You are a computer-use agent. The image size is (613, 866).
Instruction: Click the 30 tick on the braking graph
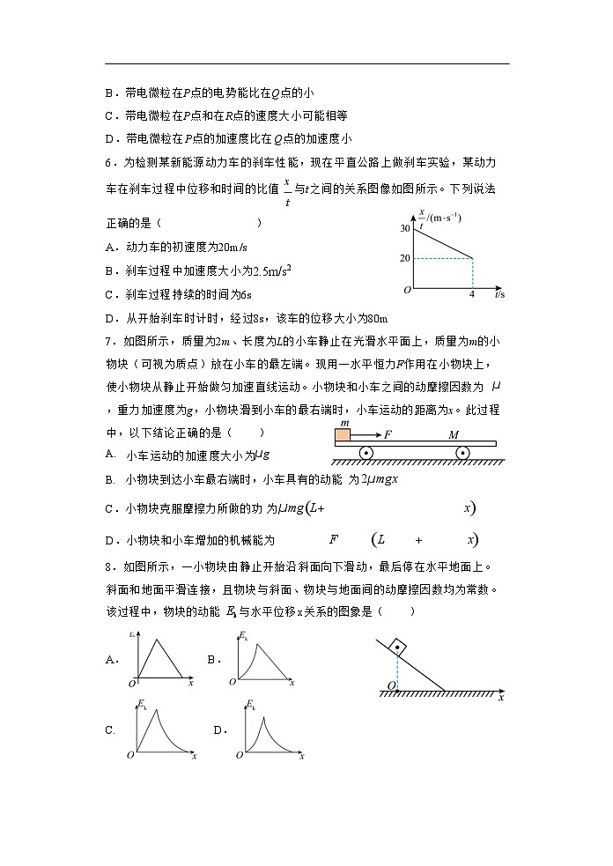pyautogui.click(x=406, y=228)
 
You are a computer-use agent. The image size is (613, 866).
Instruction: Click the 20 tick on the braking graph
pyautogui.click(x=406, y=258)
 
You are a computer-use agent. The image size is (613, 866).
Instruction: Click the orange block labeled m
pyautogui.click(x=343, y=434)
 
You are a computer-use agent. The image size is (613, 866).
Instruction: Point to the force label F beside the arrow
pyautogui.click(x=388, y=435)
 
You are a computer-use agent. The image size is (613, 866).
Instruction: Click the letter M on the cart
pyautogui.click(x=453, y=435)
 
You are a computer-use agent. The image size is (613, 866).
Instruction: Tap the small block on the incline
pyautogui.click(x=399, y=648)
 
